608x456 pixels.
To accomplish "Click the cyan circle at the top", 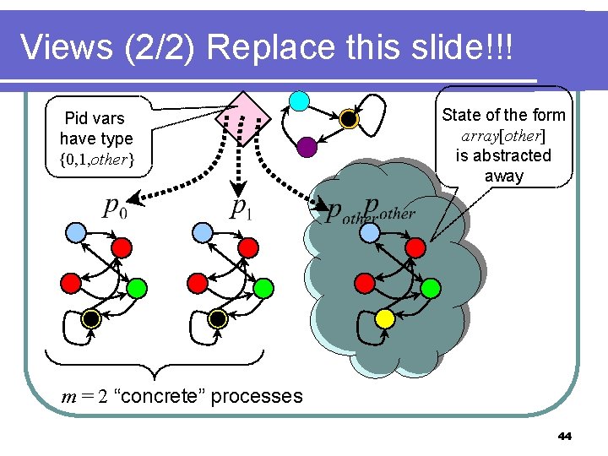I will [x=298, y=101].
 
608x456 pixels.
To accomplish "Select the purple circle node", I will [x=307, y=147].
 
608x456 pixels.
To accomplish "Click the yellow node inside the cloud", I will [x=384, y=318].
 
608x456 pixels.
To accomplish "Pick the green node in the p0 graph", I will [x=137, y=289].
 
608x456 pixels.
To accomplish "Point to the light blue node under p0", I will [x=76, y=231].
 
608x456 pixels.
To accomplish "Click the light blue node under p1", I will [x=202, y=231].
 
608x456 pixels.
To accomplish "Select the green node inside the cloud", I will [x=430, y=289].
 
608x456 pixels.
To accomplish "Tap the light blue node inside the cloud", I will [x=369, y=231].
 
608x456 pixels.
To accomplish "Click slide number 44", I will [x=565, y=437].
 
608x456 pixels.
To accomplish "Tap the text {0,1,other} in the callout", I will [x=96, y=160].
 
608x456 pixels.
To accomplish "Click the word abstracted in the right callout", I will [x=514, y=155].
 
